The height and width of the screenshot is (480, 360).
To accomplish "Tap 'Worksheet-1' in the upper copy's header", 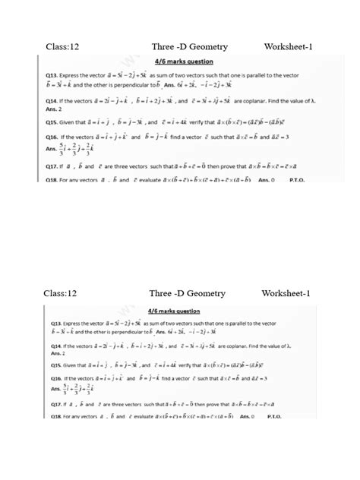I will (289, 48).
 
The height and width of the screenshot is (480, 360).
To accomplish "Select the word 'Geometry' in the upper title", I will (203, 48).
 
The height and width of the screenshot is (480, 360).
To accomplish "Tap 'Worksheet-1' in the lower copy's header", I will (287, 293).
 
